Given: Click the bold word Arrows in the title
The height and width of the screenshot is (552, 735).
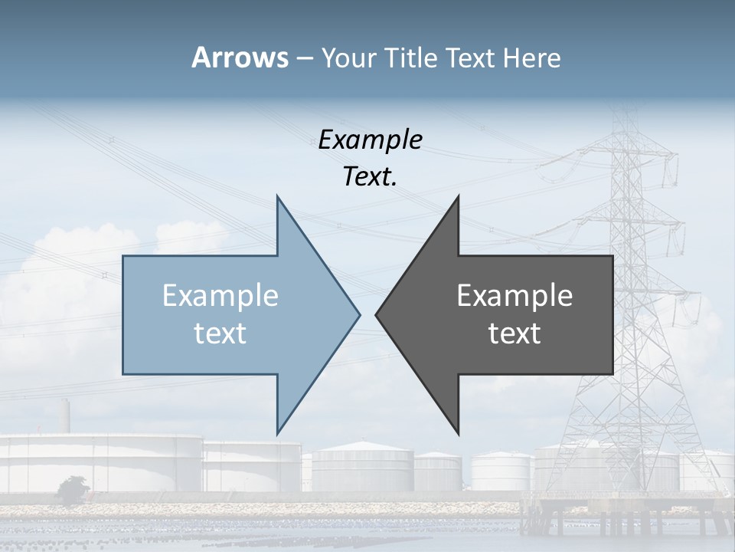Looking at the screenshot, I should point(240,58).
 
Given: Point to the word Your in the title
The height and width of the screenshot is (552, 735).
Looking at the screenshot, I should point(348,58).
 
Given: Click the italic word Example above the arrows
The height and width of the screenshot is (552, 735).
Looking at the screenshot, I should point(370,140).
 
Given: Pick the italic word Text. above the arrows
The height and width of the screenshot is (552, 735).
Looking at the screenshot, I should point(370,176).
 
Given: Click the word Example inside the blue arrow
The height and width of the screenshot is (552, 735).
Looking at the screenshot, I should point(220,296).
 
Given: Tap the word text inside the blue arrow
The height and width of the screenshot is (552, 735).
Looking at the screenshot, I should point(220,333).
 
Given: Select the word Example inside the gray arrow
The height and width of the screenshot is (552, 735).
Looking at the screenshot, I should point(514,296).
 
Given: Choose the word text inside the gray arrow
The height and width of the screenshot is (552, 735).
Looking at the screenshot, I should point(514,333).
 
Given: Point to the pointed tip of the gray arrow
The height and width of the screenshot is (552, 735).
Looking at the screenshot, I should point(377,314).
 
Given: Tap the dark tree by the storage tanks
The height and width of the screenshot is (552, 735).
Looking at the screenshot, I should point(73,489).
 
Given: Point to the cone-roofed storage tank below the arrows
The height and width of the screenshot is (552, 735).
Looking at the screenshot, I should point(363,465).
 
